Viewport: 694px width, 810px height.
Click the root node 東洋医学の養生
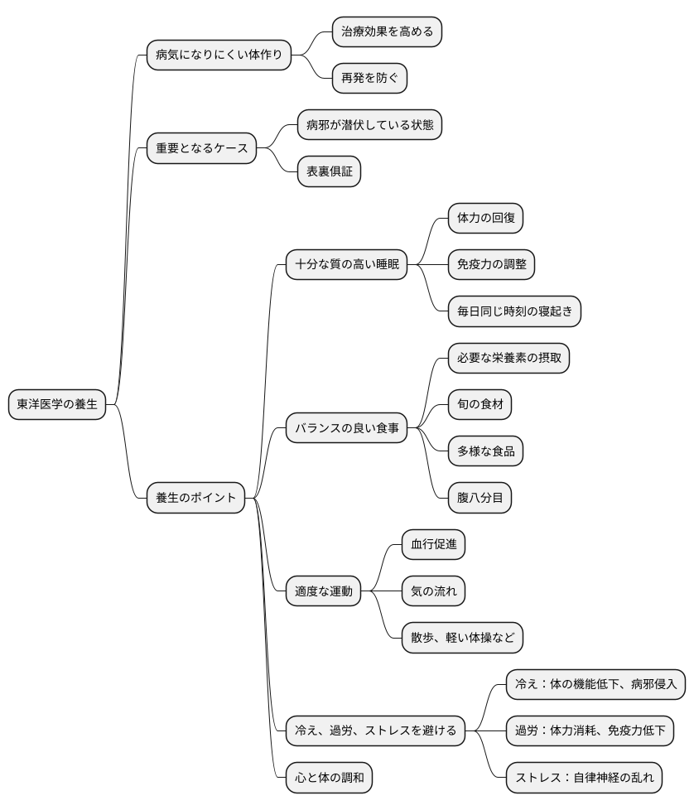point(57,404)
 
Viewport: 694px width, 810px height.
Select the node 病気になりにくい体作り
point(219,55)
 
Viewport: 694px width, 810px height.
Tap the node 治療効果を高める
point(387,31)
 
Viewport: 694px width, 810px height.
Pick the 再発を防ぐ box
point(369,78)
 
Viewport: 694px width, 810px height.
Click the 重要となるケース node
point(201,148)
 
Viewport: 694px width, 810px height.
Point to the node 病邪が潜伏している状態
point(369,125)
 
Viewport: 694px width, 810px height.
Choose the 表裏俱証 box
point(329,171)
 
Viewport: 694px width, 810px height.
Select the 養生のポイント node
point(195,498)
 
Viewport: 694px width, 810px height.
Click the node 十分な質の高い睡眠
point(346,264)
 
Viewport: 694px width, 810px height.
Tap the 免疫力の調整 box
point(491,264)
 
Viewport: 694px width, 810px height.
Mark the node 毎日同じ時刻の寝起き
point(514,311)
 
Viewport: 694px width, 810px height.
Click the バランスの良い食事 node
point(346,427)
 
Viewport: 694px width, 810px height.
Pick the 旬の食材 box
point(480,404)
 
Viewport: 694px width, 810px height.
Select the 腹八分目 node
point(480,498)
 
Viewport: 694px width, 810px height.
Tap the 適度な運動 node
point(323,591)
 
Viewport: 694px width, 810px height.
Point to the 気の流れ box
point(433,591)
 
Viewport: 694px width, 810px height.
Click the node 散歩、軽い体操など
point(462,638)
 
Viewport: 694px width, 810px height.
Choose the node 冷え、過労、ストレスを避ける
point(375,731)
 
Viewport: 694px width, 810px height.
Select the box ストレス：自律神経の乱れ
point(584,778)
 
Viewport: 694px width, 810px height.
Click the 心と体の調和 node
point(329,778)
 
